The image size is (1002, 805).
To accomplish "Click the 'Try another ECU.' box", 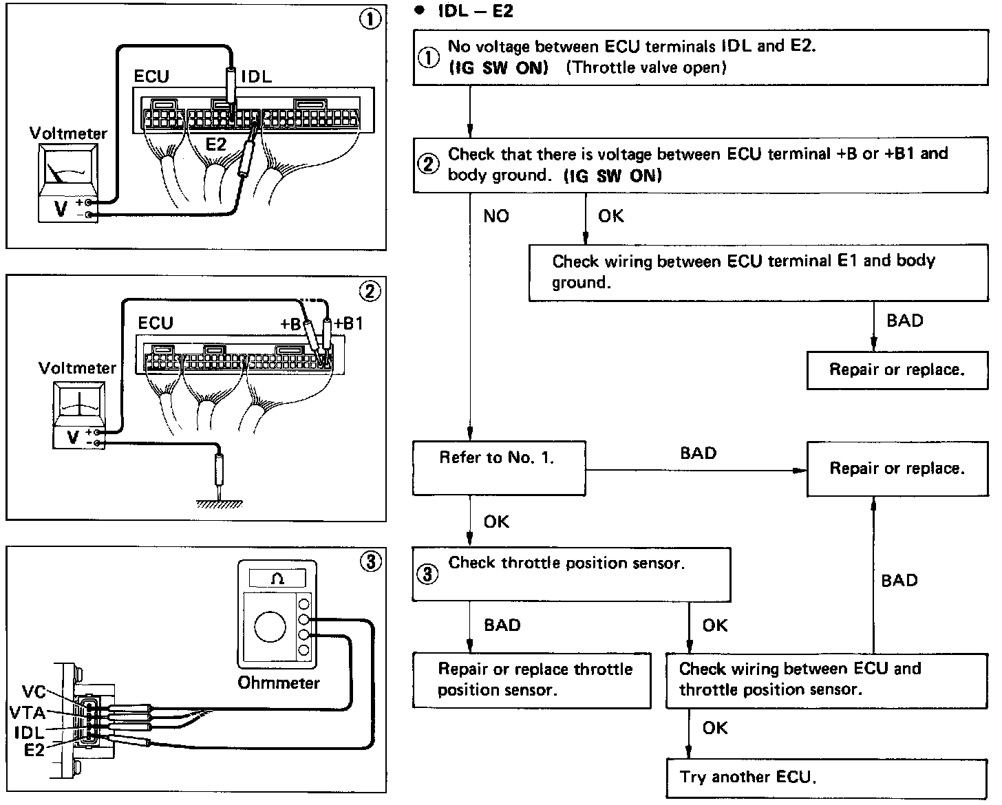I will pyautogui.click(x=826, y=778).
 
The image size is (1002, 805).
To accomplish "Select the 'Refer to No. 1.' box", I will pyautogui.click(x=499, y=468).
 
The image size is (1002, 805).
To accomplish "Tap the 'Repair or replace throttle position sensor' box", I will pyautogui.click(x=531, y=680).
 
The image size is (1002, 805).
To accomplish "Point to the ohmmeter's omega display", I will pyautogui.click(x=277, y=579).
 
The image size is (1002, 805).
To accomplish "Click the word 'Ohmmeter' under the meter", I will pyautogui.click(x=279, y=683).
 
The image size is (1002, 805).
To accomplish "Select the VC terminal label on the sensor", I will pyautogui.click(x=34, y=691).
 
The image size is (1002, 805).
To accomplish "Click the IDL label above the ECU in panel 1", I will pyautogui.click(x=257, y=76).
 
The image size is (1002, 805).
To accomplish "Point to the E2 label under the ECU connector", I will pyautogui.click(x=216, y=144).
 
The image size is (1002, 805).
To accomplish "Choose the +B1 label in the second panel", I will pyautogui.click(x=348, y=323).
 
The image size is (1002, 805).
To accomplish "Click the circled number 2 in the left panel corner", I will pyautogui.click(x=370, y=292).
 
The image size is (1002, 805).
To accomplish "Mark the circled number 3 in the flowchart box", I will pyautogui.click(x=428, y=574).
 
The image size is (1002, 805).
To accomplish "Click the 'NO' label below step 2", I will pyautogui.click(x=496, y=217).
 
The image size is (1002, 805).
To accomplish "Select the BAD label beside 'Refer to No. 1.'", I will pyautogui.click(x=698, y=453).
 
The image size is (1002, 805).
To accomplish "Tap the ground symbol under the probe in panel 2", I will pyautogui.click(x=220, y=504).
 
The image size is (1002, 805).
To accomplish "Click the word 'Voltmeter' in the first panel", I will pyautogui.click(x=68, y=133).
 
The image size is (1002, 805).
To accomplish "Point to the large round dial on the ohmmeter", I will pyautogui.click(x=270, y=627).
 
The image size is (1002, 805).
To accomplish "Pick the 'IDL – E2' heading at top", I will pyautogui.click(x=475, y=12).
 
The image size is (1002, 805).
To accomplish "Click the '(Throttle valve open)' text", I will pyautogui.click(x=648, y=67).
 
